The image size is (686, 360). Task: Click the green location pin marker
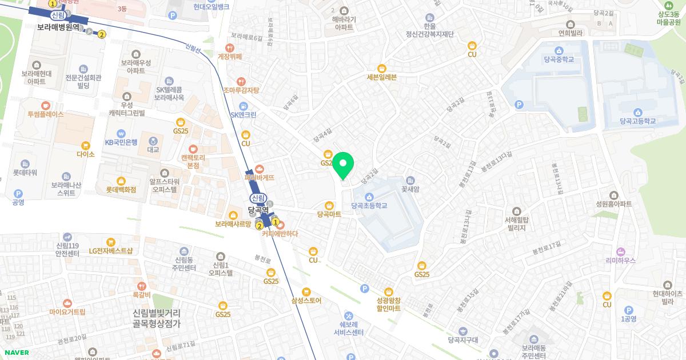(x=343, y=165)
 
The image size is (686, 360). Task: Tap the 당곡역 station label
(x=258, y=210)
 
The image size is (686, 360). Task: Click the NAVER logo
(x=17, y=353)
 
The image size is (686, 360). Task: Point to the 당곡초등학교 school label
(x=369, y=205)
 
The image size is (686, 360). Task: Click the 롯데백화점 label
(x=121, y=189)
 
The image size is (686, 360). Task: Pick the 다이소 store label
(x=85, y=154)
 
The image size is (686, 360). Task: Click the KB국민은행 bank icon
(x=121, y=133)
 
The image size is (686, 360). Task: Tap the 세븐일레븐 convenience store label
(x=381, y=78)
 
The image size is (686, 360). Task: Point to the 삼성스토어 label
(x=306, y=301)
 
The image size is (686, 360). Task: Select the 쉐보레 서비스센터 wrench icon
(x=349, y=315)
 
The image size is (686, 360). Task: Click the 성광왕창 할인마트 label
(x=388, y=304)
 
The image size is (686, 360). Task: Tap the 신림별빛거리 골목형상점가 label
(x=156, y=318)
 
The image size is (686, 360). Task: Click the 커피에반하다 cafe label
(x=280, y=233)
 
